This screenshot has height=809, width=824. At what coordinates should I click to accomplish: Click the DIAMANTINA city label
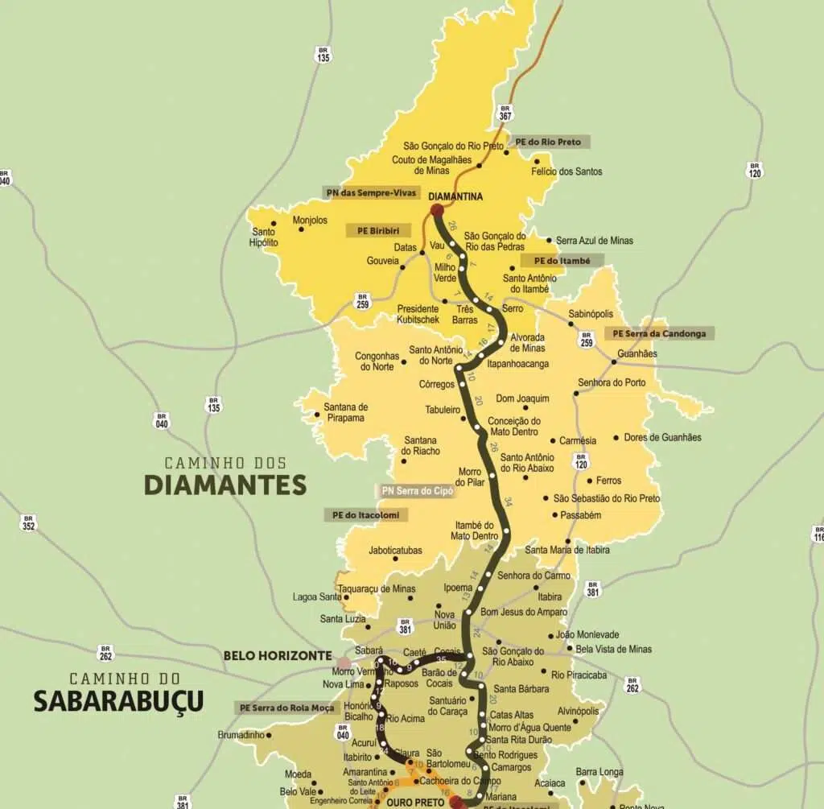coord(455,196)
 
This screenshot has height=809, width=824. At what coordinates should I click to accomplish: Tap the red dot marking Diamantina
coord(437,211)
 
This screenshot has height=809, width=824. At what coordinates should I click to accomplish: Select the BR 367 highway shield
coord(505,112)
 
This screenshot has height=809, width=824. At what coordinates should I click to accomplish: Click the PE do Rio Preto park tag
coord(548,142)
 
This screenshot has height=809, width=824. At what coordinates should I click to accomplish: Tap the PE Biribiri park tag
coord(378,230)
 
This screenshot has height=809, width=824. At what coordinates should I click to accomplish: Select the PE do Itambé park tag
coord(561,261)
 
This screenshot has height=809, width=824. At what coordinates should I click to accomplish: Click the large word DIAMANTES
coord(225,485)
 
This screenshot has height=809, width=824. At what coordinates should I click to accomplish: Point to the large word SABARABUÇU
coord(118,701)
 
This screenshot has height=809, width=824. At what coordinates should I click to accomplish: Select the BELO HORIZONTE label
coord(278,655)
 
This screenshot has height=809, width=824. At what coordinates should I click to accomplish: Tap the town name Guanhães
coord(637,353)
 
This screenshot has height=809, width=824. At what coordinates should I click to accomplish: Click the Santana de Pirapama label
coord(346,412)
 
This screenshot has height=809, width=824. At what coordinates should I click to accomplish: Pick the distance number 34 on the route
coord(508,502)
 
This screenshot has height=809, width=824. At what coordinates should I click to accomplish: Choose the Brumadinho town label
coord(239,735)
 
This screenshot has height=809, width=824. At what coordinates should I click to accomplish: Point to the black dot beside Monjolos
coord(301,229)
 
